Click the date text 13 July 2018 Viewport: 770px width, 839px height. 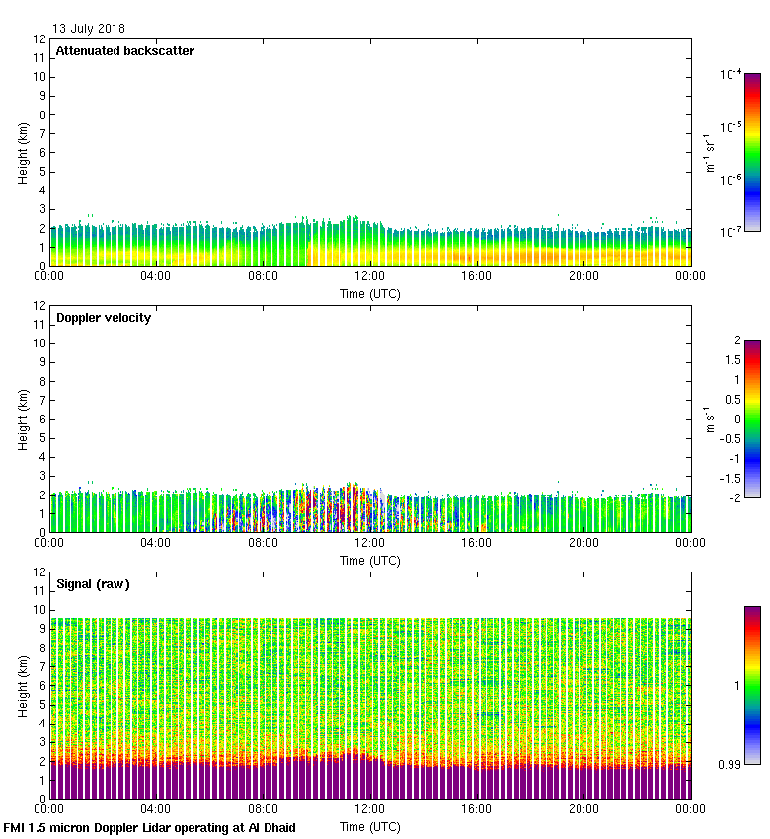coord(89,29)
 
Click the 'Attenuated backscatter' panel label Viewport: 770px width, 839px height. coord(124,51)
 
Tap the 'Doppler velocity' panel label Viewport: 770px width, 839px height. coord(104,318)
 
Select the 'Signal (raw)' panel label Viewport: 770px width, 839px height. coord(93,584)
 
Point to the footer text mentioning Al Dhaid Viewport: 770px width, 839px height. coord(150,828)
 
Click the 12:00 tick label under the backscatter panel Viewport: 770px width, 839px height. coord(370,277)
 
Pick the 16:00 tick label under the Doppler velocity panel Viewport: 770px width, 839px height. coord(477,544)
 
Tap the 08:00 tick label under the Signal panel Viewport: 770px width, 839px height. coord(263,810)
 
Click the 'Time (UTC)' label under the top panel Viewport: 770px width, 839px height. coord(370,293)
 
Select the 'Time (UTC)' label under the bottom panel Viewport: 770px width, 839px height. coord(370,826)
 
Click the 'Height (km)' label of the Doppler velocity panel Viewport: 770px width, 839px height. coord(23,419)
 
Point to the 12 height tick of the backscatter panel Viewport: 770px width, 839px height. coord(39,39)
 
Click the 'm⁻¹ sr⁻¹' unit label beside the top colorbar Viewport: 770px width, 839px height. coord(711,153)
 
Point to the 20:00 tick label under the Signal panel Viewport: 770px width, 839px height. coord(583,810)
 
